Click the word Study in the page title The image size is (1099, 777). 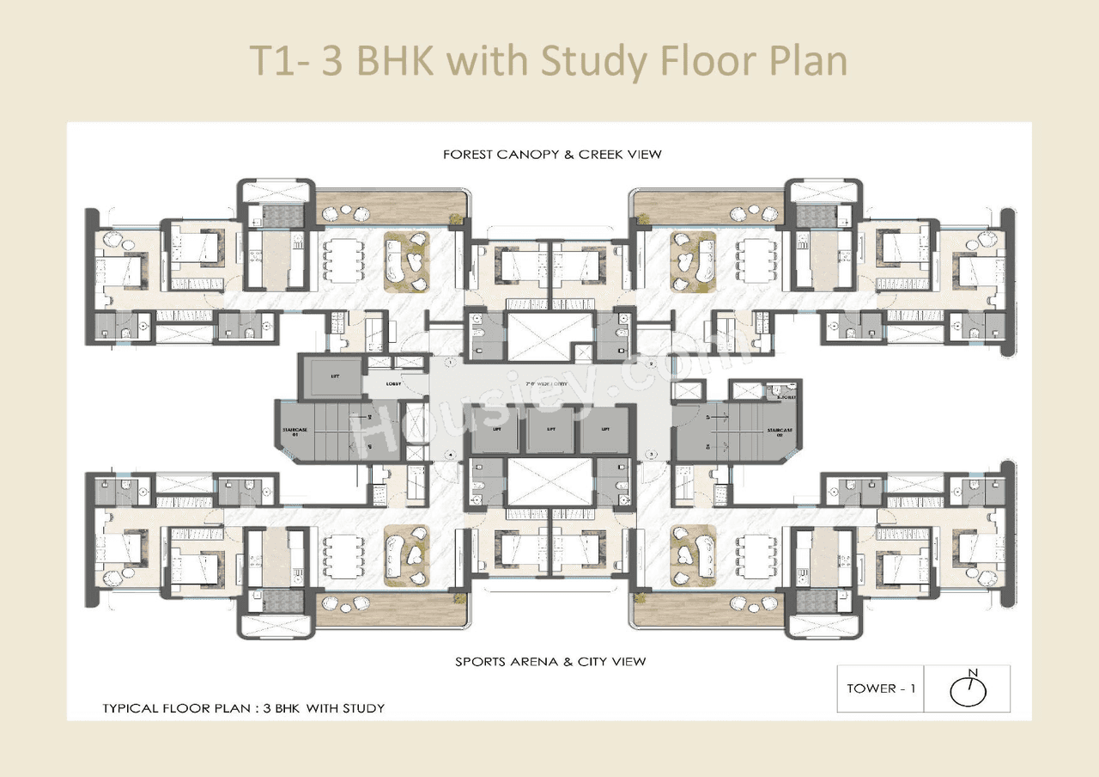point(592,62)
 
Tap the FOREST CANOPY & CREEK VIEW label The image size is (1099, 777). point(552,155)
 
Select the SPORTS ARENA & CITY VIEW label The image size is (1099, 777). point(549,661)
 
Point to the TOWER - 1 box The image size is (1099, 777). point(880,688)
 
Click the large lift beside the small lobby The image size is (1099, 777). point(333,376)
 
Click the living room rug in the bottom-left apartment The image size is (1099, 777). point(407,554)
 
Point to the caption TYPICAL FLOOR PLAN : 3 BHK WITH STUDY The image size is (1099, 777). point(243,708)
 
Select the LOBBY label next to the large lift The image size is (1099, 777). point(394,384)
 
